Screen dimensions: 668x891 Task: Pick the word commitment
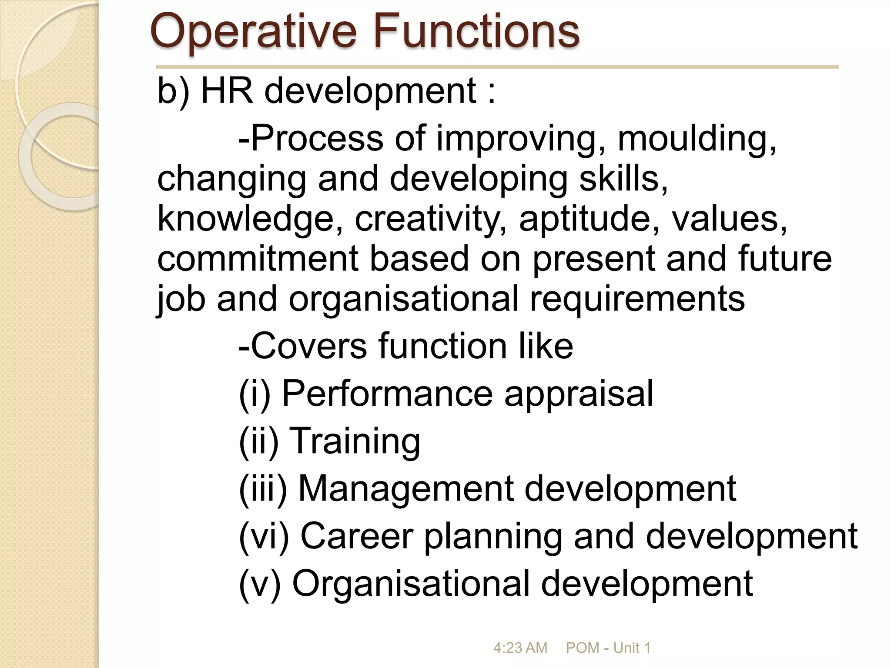click(258, 258)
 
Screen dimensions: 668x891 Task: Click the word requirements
click(637, 299)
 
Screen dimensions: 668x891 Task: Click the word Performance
click(387, 394)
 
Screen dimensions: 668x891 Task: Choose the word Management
click(406, 489)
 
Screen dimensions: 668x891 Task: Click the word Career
click(357, 536)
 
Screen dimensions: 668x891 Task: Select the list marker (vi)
click(264, 537)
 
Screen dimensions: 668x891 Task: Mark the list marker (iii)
click(263, 489)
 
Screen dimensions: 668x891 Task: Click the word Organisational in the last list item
click(411, 584)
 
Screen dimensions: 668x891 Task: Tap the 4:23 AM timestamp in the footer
click(520, 648)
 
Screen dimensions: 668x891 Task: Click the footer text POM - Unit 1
click(608, 648)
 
